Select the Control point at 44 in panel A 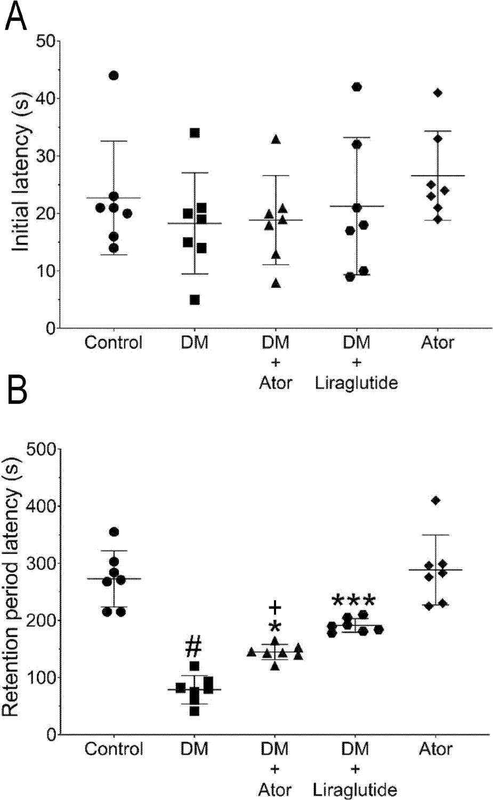pyautogui.click(x=114, y=76)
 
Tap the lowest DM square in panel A pyautogui.click(x=195, y=300)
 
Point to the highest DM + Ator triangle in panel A pyautogui.click(x=276, y=140)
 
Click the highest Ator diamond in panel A pyautogui.click(x=438, y=93)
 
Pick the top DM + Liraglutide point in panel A pyautogui.click(x=357, y=87)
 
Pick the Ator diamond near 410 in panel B pyautogui.click(x=436, y=500)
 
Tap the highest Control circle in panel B pyautogui.click(x=114, y=532)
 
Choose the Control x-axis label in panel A pyautogui.click(x=114, y=342)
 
